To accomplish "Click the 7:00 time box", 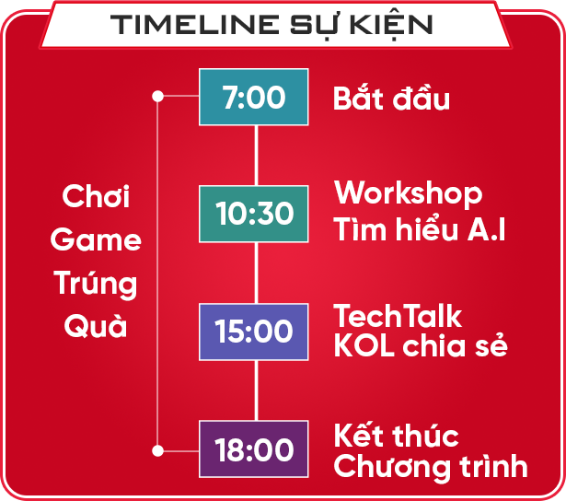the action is pyautogui.click(x=254, y=97).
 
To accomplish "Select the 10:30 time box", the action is pyautogui.click(x=254, y=214).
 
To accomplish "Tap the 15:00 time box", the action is pyautogui.click(x=254, y=332).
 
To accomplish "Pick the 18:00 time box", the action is pyautogui.click(x=254, y=449).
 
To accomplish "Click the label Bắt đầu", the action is pyautogui.click(x=391, y=98).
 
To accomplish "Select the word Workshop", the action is pyautogui.click(x=408, y=193).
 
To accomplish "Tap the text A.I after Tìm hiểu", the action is pyautogui.click(x=486, y=229).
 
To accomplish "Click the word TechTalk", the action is pyautogui.click(x=398, y=315).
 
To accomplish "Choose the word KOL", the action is pyautogui.click(x=364, y=345).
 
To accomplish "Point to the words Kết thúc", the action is pyautogui.click(x=396, y=435).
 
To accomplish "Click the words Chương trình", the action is pyautogui.click(x=431, y=466).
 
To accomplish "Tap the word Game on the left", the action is pyautogui.click(x=96, y=239).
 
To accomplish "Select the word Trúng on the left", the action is pyautogui.click(x=96, y=284).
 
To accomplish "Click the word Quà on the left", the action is pyautogui.click(x=96, y=326).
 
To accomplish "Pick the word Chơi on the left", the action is pyautogui.click(x=96, y=196).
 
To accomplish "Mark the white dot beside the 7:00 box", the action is pyautogui.click(x=157, y=96).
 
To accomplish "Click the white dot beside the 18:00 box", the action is pyautogui.click(x=157, y=450).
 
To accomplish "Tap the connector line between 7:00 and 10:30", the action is pyautogui.click(x=256, y=156).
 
